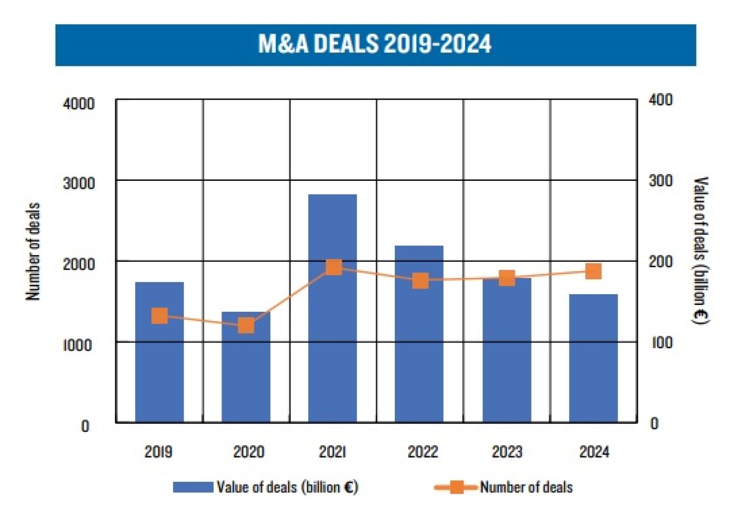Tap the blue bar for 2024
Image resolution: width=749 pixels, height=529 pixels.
click(593, 358)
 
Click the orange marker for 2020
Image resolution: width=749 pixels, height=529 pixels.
click(246, 326)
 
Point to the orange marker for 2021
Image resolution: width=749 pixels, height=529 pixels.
click(333, 268)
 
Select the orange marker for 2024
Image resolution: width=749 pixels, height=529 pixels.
click(593, 271)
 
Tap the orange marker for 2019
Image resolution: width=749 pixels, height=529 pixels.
click(160, 316)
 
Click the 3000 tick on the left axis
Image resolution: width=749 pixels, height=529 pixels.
click(79, 183)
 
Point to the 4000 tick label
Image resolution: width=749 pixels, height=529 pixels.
click(79, 103)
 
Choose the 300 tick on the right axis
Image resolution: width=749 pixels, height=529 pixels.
click(661, 181)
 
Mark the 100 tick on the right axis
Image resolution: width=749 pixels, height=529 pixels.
click(661, 343)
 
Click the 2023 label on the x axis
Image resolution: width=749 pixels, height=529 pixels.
click(507, 452)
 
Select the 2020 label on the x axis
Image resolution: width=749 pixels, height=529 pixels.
click(248, 452)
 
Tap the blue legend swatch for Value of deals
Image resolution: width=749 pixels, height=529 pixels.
click(193, 487)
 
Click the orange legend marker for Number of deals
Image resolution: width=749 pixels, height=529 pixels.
click(456, 487)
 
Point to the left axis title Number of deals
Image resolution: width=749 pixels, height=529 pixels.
click(33, 251)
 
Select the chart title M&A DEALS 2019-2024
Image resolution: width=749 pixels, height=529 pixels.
click(374, 44)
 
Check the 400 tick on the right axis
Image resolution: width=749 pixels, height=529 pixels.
click(661, 100)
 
